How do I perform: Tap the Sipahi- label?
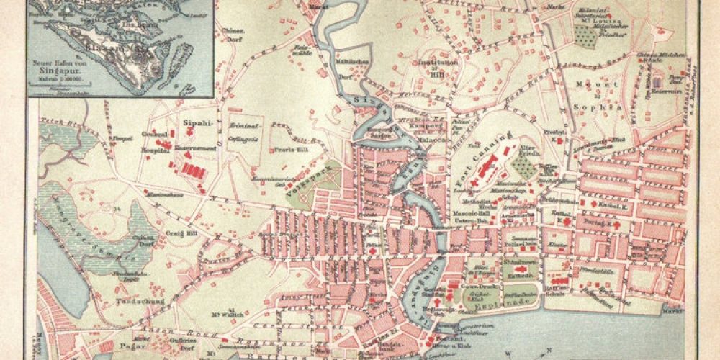pyautogui.click(x=195, y=123)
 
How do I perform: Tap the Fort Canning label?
pyautogui.click(x=485, y=158)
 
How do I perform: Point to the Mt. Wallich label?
pyautogui.click(x=225, y=313)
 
